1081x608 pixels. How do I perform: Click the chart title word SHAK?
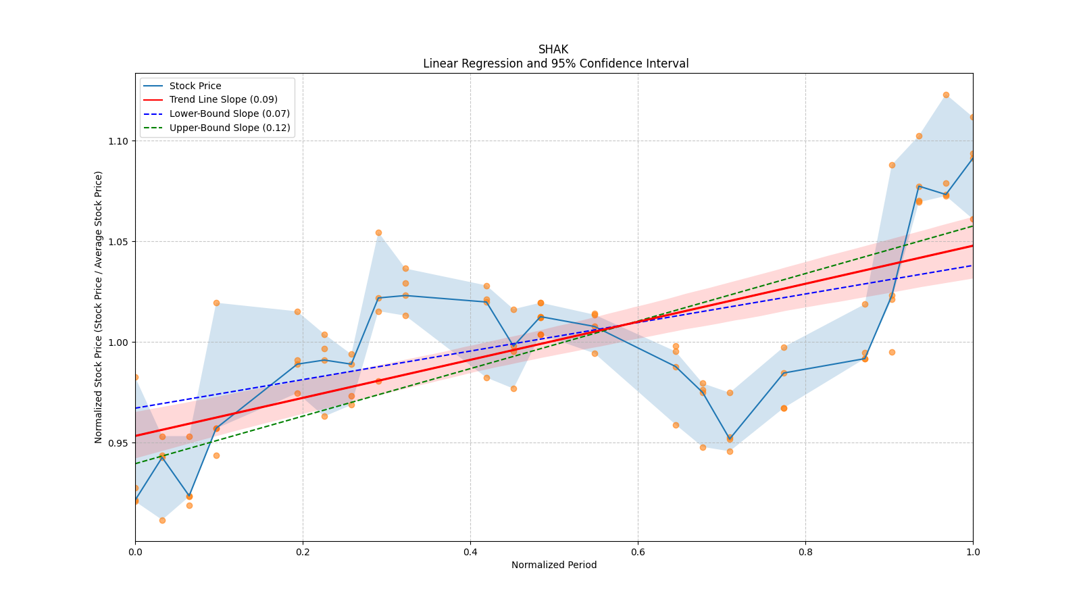(553, 49)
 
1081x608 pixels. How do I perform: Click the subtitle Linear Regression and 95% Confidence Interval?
(555, 64)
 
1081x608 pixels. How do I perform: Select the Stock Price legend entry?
(195, 86)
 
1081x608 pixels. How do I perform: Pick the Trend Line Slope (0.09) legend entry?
(223, 100)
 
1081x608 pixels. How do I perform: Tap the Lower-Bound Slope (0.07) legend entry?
(229, 113)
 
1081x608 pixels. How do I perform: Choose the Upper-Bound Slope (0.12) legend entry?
(230, 128)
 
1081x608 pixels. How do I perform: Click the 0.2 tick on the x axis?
(303, 552)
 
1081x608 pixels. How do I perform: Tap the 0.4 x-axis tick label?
(470, 552)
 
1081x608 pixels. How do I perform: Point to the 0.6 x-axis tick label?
(638, 552)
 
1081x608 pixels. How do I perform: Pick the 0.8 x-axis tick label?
(805, 552)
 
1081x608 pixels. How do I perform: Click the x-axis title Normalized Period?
(554, 565)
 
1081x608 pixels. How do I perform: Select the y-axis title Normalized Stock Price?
(99, 307)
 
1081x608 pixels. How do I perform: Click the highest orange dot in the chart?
(946, 95)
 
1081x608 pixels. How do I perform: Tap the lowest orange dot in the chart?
(162, 520)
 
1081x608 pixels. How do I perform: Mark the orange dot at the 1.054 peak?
(378, 232)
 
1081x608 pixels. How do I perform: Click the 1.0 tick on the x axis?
(973, 552)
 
